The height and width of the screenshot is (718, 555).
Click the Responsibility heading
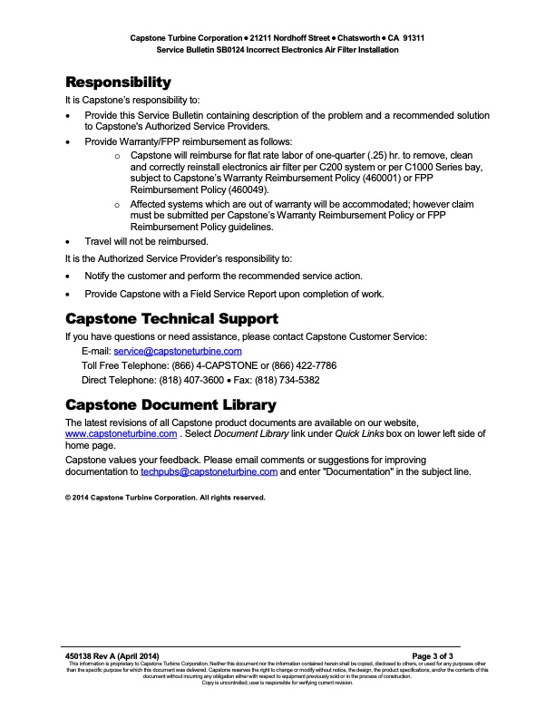point(118,82)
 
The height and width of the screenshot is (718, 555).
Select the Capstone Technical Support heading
point(171,319)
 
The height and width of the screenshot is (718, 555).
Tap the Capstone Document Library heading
point(170,403)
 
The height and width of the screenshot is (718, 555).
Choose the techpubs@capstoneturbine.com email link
point(209,472)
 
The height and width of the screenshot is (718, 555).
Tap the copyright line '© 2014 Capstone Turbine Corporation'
point(165,498)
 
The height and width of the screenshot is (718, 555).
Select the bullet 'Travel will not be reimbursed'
point(146,242)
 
